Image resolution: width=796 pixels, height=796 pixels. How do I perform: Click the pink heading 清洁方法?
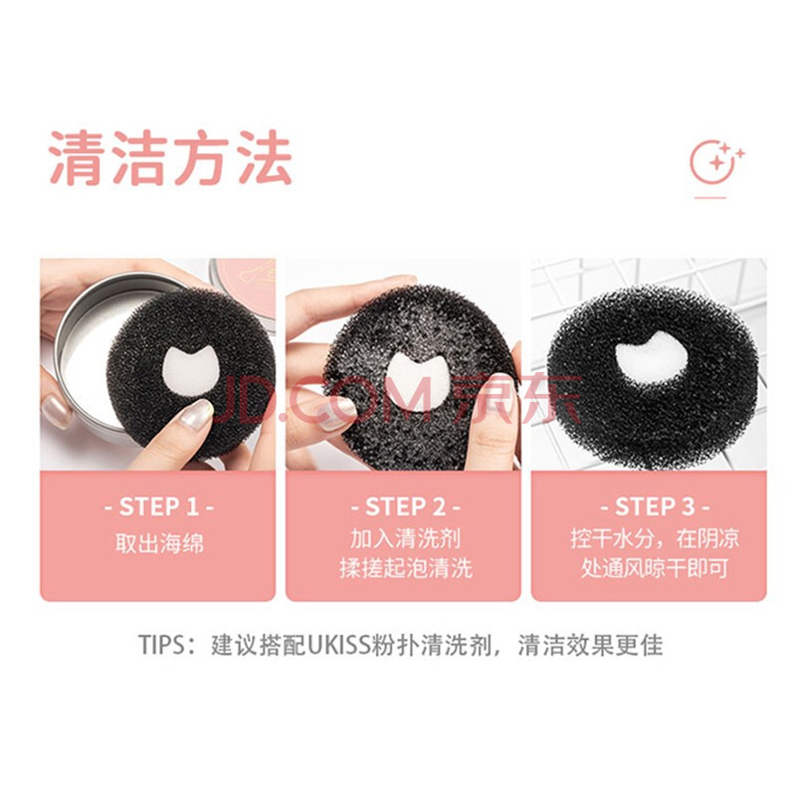(170, 157)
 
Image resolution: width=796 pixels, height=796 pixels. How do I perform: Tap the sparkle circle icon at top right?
(716, 162)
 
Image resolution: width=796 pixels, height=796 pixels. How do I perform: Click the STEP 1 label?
(159, 507)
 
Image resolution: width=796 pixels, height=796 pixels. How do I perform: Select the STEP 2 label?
(405, 507)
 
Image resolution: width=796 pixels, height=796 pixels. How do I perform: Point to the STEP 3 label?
(655, 507)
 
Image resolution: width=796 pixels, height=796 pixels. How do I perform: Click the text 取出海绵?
(159, 542)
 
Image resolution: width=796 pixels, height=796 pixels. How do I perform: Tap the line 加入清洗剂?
(405, 538)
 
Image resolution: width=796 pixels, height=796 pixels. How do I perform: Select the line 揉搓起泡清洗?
(405, 567)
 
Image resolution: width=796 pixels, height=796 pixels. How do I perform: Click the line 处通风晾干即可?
(655, 567)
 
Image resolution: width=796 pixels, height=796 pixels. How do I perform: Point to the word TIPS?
(160, 645)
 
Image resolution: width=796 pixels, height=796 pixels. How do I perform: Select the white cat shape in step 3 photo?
(652, 356)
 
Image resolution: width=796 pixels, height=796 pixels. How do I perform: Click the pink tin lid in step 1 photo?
(244, 292)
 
